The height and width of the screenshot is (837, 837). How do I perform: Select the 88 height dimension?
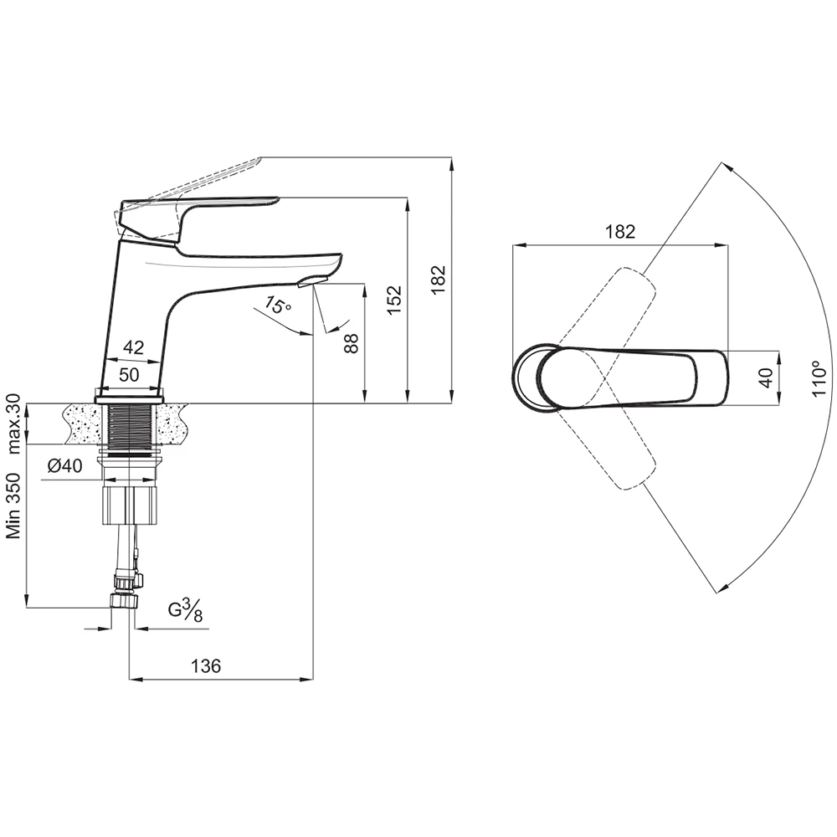click(352, 342)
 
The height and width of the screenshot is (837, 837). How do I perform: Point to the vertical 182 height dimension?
click(439, 279)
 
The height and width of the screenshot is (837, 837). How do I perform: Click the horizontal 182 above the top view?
click(619, 232)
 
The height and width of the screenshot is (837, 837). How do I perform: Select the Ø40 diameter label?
click(64, 467)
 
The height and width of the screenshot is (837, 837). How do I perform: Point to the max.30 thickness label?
click(14, 424)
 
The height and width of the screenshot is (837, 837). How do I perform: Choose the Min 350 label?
click(14, 502)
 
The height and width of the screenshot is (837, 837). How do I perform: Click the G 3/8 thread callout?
click(185, 612)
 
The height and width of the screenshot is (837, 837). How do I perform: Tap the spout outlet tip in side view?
click(311, 281)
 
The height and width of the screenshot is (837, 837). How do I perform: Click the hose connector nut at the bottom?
click(124, 601)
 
